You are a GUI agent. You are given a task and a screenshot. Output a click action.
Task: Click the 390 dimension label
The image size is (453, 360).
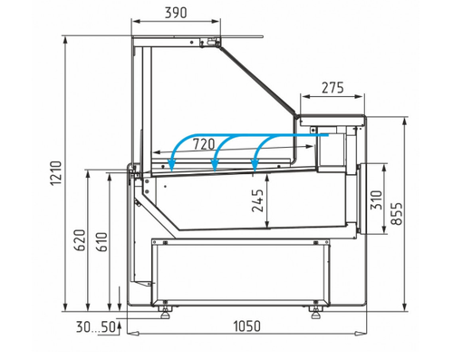[176, 13]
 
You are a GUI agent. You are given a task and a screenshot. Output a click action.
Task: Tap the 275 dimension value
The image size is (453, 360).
[333, 88]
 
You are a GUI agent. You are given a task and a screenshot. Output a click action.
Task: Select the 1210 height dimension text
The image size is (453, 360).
[56, 173]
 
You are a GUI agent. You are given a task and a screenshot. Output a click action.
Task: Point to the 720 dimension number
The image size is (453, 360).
[204, 144]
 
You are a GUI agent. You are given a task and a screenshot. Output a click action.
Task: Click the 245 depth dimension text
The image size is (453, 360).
[257, 200]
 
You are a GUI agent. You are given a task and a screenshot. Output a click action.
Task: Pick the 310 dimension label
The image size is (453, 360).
[377, 199]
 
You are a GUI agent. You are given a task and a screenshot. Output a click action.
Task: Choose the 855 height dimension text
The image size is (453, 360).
[397, 214]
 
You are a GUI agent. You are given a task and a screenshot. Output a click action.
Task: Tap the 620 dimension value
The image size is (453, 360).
[81, 240]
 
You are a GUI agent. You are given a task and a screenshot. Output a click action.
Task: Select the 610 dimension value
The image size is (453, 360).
[101, 242]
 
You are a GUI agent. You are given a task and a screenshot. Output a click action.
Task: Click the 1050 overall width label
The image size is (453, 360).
[246, 326]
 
